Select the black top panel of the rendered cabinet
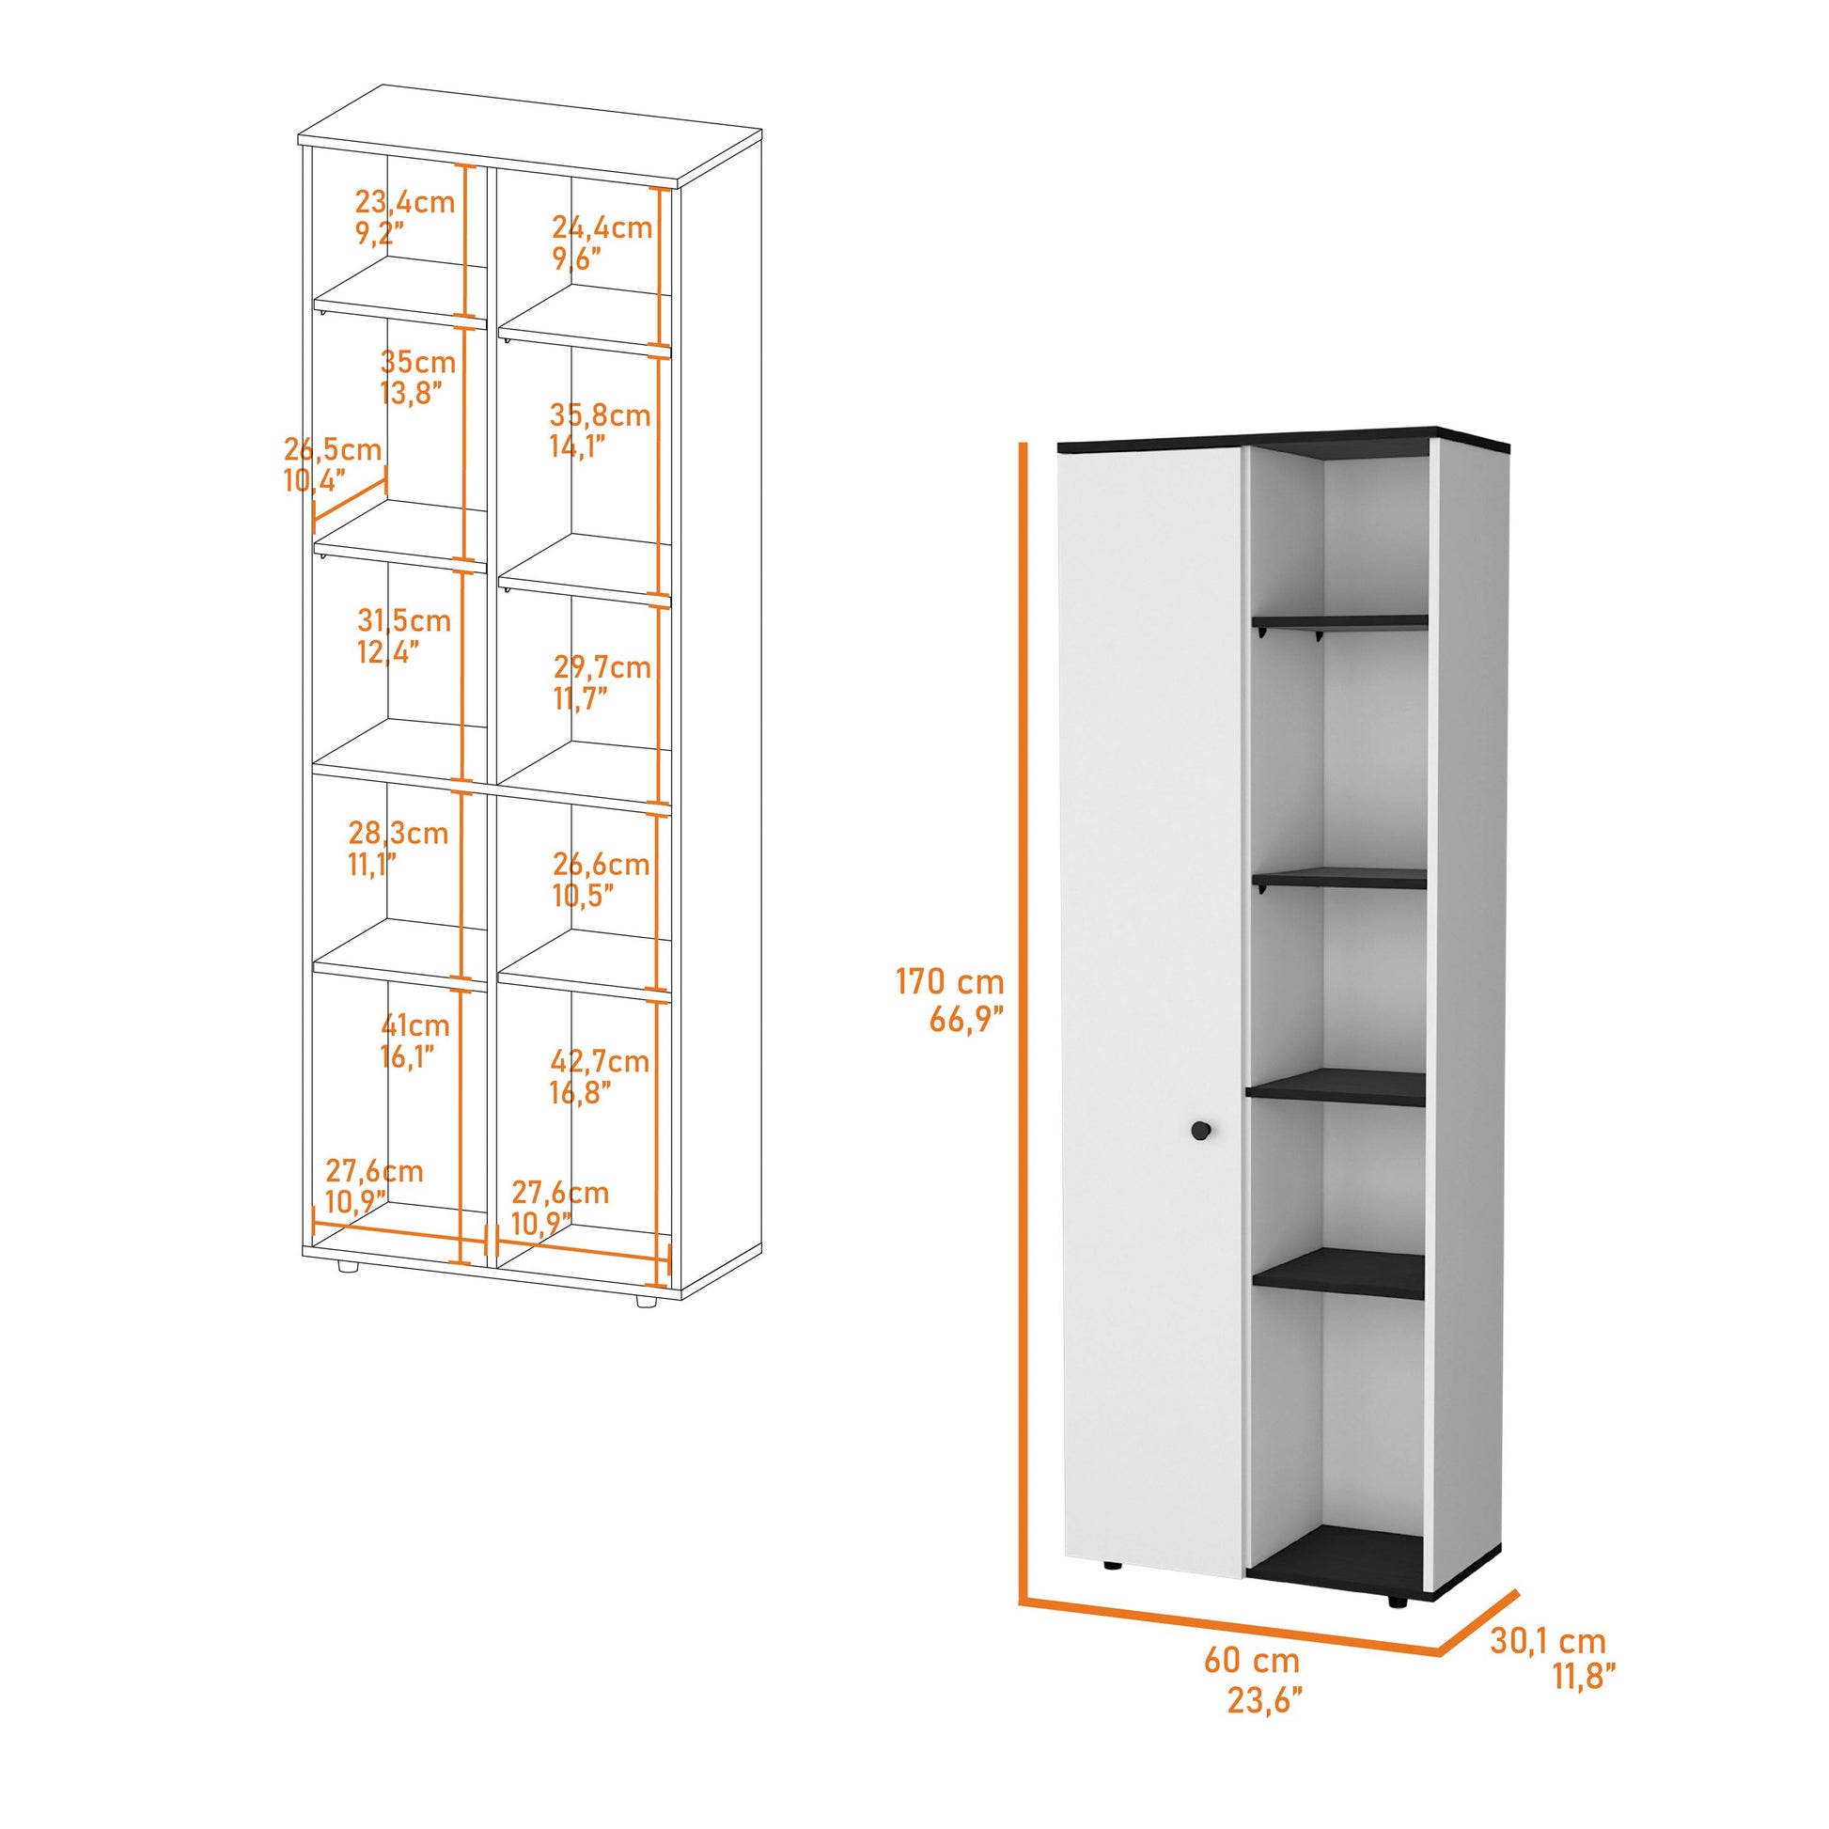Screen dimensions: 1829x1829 1288,438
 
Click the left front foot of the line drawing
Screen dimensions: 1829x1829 348,1266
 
